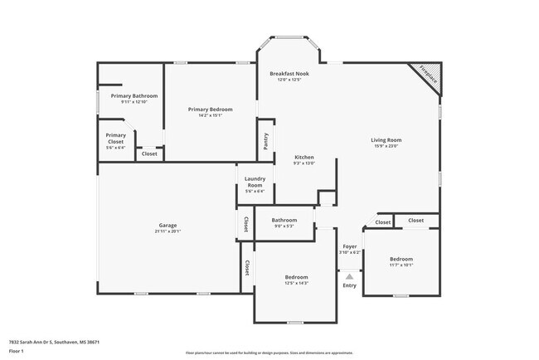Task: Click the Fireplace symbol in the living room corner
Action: click(429, 76)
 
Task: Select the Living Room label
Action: click(386, 140)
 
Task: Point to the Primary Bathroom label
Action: click(129, 96)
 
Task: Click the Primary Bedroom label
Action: click(210, 109)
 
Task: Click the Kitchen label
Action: click(304, 158)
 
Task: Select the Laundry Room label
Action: click(255, 182)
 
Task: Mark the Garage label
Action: click(168, 226)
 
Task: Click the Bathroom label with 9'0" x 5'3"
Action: click(284, 220)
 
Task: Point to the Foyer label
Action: click(349, 247)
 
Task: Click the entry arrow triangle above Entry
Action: click(349, 277)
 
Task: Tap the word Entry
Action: click(349, 286)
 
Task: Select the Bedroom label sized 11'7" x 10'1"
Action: click(401, 259)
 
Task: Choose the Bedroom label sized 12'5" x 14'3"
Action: click(296, 277)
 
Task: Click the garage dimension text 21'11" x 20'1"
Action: click(168, 231)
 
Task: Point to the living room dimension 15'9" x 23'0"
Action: click(386, 146)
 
